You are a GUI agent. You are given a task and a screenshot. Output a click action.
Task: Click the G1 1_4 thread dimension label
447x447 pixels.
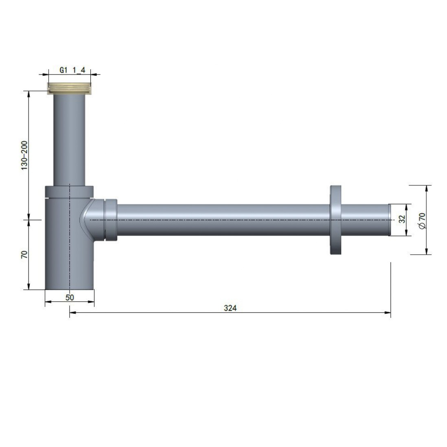pos(72,70)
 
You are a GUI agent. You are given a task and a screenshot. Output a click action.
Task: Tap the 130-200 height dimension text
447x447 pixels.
pos(24,156)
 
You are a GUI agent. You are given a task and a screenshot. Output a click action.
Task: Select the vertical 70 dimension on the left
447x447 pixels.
pos(24,254)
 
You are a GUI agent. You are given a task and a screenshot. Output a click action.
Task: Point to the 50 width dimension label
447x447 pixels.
pos(70,297)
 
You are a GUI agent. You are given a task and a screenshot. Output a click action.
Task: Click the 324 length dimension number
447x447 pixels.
pos(230,308)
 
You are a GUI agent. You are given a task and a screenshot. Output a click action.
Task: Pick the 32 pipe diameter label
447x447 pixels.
pos(402,219)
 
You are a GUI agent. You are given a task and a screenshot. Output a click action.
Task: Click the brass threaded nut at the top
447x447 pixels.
pos(69,88)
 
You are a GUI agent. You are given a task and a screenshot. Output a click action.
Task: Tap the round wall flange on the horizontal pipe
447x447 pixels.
pos(335,220)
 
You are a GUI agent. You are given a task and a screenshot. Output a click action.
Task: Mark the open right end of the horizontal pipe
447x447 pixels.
pos(390,220)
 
